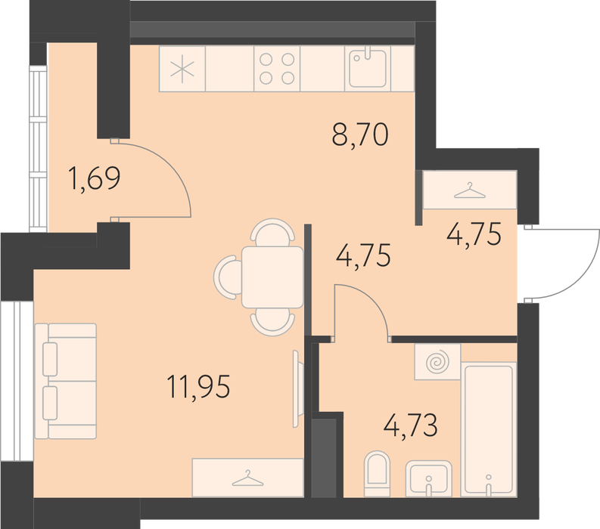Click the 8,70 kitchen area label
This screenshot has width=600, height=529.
coord(360,135)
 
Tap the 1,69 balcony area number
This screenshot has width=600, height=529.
coord(94,178)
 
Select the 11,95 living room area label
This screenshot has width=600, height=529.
coord(198,387)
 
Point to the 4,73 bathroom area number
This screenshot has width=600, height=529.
coord(411,425)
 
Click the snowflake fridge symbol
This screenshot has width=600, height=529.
coord(182,70)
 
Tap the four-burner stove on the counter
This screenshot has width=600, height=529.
coord(277,69)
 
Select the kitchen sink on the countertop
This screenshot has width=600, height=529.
coord(368,69)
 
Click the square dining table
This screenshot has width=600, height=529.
coord(272,277)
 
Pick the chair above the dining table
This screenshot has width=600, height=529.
coord(272,233)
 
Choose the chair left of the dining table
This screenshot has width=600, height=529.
coord(228,277)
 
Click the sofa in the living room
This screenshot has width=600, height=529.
coord(65,381)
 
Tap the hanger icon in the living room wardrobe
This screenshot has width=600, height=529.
coord(248,478)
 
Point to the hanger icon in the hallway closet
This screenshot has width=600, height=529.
coord(470,190)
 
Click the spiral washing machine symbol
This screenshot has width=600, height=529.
coord(437,361)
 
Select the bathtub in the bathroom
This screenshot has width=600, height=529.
coord(489,429)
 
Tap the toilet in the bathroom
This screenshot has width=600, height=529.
coord(378,474)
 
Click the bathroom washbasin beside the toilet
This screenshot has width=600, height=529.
coord(428,478)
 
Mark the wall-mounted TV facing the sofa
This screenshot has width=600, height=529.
coord(296,388)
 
